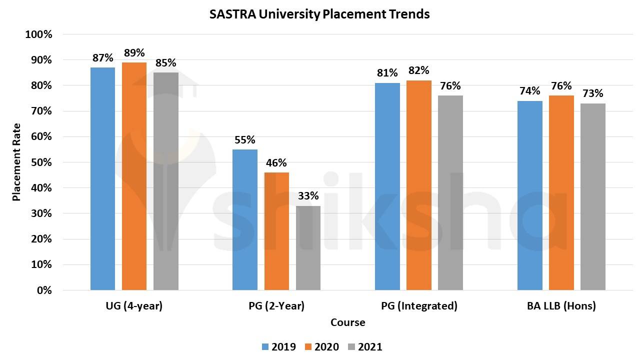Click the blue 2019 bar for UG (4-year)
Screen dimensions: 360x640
pyautogui.click(x=102, y=178)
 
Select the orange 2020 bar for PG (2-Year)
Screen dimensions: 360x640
pyautogui.click(x=276, y=231)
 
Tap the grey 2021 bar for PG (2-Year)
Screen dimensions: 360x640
pyautogui.click(x=308, y=247)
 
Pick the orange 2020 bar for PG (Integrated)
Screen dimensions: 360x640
pyautogui.click(x=419, y=185)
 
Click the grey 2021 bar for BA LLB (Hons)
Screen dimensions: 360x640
pyautogui.click(x=593, y=196)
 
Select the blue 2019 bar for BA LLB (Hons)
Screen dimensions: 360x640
pyautogui.click(x=530, y=195)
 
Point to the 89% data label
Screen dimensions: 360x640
pyautogui.click(x=134, y=53)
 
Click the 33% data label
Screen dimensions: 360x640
pyautogui.click(x=308, y=196)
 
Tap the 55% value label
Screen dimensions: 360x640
pyautogui.click(x=245, y=140)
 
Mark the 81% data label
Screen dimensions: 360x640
pyautogui.click(x=387, y=73)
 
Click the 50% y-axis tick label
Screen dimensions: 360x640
pyautogui.click(x=40, y=162)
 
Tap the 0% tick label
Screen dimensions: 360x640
pyautogui.click(x=43, y=290)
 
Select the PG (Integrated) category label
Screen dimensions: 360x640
pyautogui.click(x=419, y=306)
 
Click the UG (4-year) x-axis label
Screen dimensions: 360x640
pyautogui.click(x=134, y=306)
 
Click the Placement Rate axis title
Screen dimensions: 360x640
pyautogui.click(x=16, y=162)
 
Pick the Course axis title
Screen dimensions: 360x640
pyautogui.click(x=347, y=322)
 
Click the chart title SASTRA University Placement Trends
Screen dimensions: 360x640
pyautogui.click(x=319, y=14)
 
